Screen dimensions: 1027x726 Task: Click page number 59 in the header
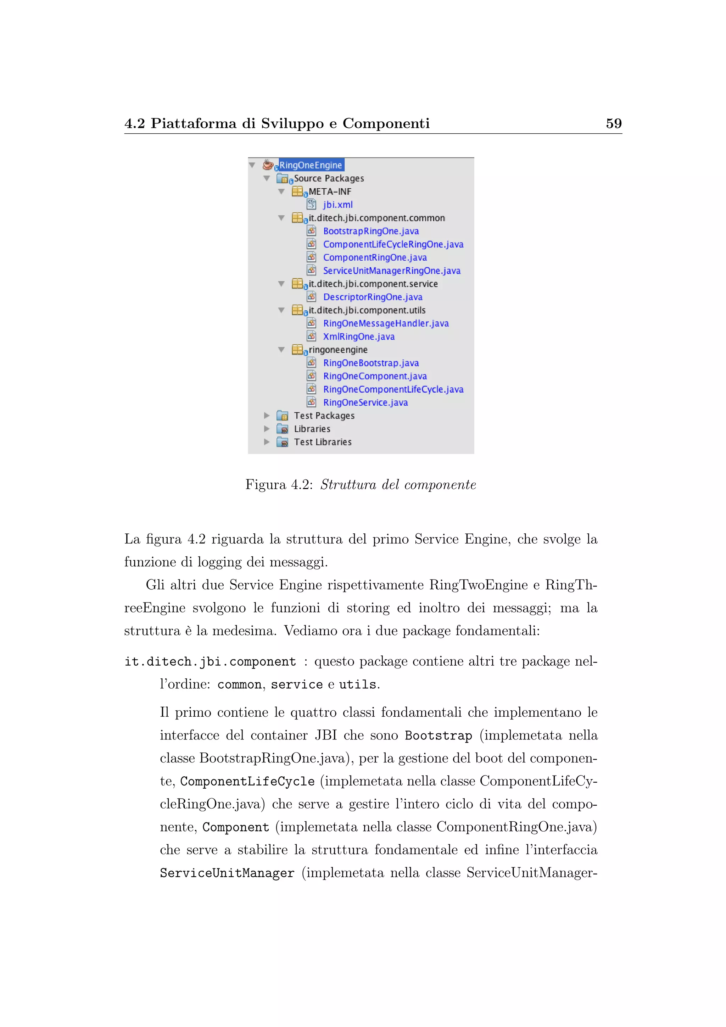click(x=613, y=123)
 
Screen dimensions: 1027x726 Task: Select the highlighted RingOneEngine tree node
click(x=311, y=165)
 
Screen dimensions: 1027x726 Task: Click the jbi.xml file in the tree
click(x=337, y=205)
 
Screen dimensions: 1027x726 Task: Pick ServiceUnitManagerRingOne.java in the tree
click(x=392, y=271)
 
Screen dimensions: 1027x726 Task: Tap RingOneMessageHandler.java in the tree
click(x=386, y=323)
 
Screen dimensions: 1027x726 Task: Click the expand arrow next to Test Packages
click(x=267, y=416)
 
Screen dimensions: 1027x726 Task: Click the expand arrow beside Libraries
click(x=267, y=428)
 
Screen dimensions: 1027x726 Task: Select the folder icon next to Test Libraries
click(x=282, y=442)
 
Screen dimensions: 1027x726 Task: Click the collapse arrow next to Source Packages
click(x=267, y=178)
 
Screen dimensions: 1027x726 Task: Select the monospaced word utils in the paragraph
click(x=357, y=685)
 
